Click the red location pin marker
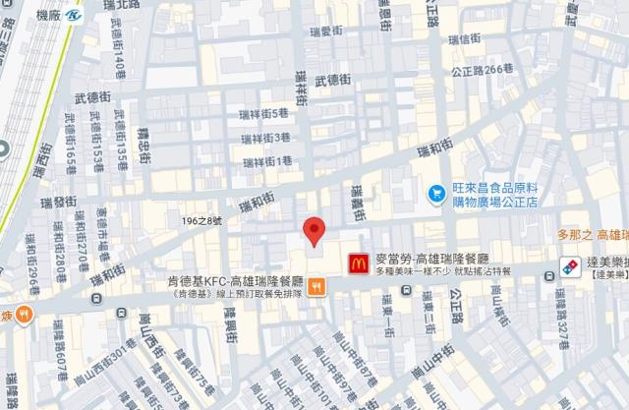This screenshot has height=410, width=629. pos(314,231)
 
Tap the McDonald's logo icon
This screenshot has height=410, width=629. pos(359,262)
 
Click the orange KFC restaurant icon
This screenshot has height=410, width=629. pos(316,287)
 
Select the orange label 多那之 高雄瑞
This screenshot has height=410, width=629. pos(593,235)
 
